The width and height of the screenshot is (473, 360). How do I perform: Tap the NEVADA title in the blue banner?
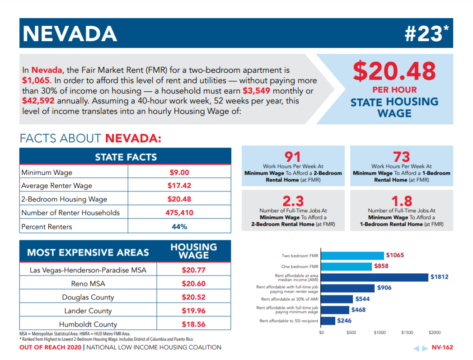pos(70,33)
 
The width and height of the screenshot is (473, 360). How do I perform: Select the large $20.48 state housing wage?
pos(394,71)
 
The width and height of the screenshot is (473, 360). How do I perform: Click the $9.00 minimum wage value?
pos(179,172)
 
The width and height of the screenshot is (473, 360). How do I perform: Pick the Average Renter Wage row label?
pos(56,186)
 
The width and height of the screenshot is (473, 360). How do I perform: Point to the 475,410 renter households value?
pos(179,213)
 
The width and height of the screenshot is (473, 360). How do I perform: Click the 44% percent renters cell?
pos(179,226)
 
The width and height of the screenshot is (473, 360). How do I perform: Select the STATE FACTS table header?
pos(126,157)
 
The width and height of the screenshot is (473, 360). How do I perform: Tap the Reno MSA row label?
pos(89,284)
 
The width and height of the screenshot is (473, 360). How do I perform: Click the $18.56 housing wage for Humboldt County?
pos(193,324)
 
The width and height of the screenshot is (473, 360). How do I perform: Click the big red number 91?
pos(293,157)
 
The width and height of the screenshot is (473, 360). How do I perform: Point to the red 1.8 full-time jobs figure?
pos(401,201)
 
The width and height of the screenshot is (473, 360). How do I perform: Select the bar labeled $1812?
pos(375,277)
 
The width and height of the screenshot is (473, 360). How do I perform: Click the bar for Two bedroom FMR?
pos(352,256)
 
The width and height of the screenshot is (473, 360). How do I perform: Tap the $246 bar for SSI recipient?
pos(328,321)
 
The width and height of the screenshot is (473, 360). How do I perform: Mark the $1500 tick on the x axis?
pos(407,332)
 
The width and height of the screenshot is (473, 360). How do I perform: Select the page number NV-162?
pos(442,347)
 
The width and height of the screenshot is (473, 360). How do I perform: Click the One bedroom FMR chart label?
pos(300,266)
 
